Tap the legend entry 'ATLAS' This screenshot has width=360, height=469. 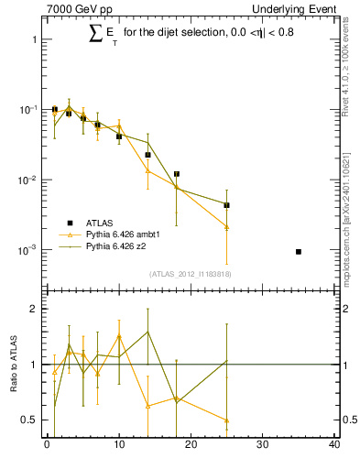100,223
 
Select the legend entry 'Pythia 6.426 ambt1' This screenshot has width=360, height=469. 123,234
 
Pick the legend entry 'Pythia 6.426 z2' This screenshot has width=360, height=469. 116,246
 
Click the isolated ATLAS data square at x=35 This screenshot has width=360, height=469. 299,251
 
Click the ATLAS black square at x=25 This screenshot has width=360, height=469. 226,205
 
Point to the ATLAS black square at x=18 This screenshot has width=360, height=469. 176,174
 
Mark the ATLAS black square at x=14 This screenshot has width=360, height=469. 147,155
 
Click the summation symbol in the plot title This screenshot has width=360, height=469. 95,34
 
